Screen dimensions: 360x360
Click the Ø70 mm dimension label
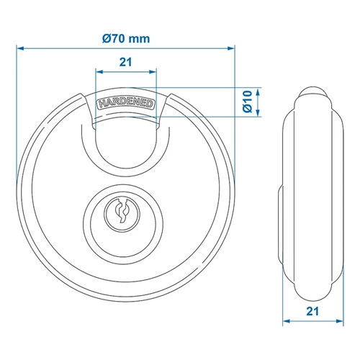tap(126, 39)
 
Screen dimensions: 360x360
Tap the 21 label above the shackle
tap(125, 63)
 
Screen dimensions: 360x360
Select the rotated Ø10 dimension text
tap(246, 102)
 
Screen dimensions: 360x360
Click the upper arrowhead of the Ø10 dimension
tap(260, 91)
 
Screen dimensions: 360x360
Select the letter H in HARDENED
tap(98, 105)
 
